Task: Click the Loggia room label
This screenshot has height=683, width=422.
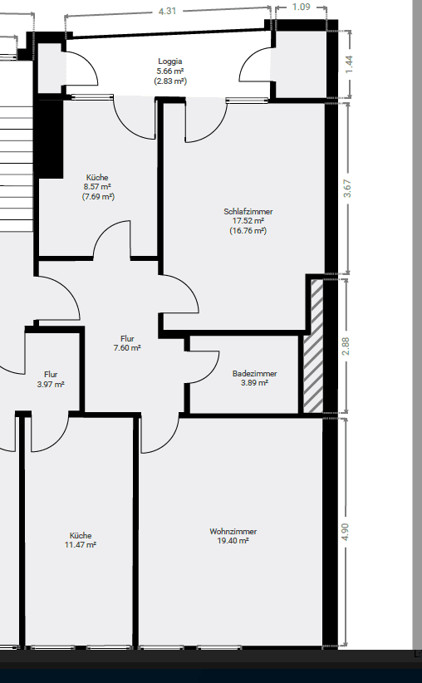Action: point(169,61)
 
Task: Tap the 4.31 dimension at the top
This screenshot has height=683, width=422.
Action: point(167,11)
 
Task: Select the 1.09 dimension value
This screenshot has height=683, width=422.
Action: point(301,7)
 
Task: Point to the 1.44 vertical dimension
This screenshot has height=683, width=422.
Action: point(349,63)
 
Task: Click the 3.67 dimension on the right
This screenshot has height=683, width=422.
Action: point(348,188)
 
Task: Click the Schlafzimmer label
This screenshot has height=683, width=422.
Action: point(248,212)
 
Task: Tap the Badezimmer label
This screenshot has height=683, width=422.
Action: point(254,374)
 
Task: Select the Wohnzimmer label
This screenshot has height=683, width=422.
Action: point(233,531)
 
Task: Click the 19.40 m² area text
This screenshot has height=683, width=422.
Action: point(233,541)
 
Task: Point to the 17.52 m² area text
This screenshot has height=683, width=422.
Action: point(248,221)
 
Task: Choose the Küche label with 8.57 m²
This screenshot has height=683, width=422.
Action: point(98,178)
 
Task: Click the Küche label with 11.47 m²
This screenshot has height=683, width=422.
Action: point(81,535)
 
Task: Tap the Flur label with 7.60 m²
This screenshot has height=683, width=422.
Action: point(127,339)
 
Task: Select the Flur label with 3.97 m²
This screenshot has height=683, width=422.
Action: point(51,375)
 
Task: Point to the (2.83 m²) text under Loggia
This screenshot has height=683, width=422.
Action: point(169,81)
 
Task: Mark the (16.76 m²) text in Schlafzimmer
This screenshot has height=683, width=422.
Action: point(248,231)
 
